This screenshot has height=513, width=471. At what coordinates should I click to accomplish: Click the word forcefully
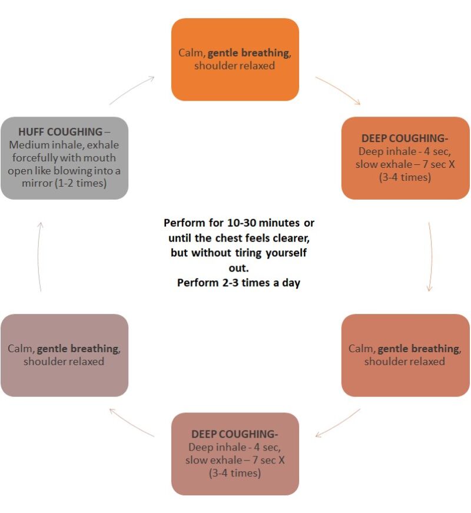pyautogui.click(x=44, y=158)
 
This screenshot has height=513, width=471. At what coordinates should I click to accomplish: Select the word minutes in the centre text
pyautogui.click(x=271, y=224)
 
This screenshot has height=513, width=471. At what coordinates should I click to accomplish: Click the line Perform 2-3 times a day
pyautogui.click(x=238, y=283)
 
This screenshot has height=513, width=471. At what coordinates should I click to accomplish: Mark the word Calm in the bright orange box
pyautogui.click(x=192, y=53)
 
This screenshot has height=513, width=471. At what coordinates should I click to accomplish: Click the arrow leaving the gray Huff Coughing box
pyautogui.click(x=132, y=91)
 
